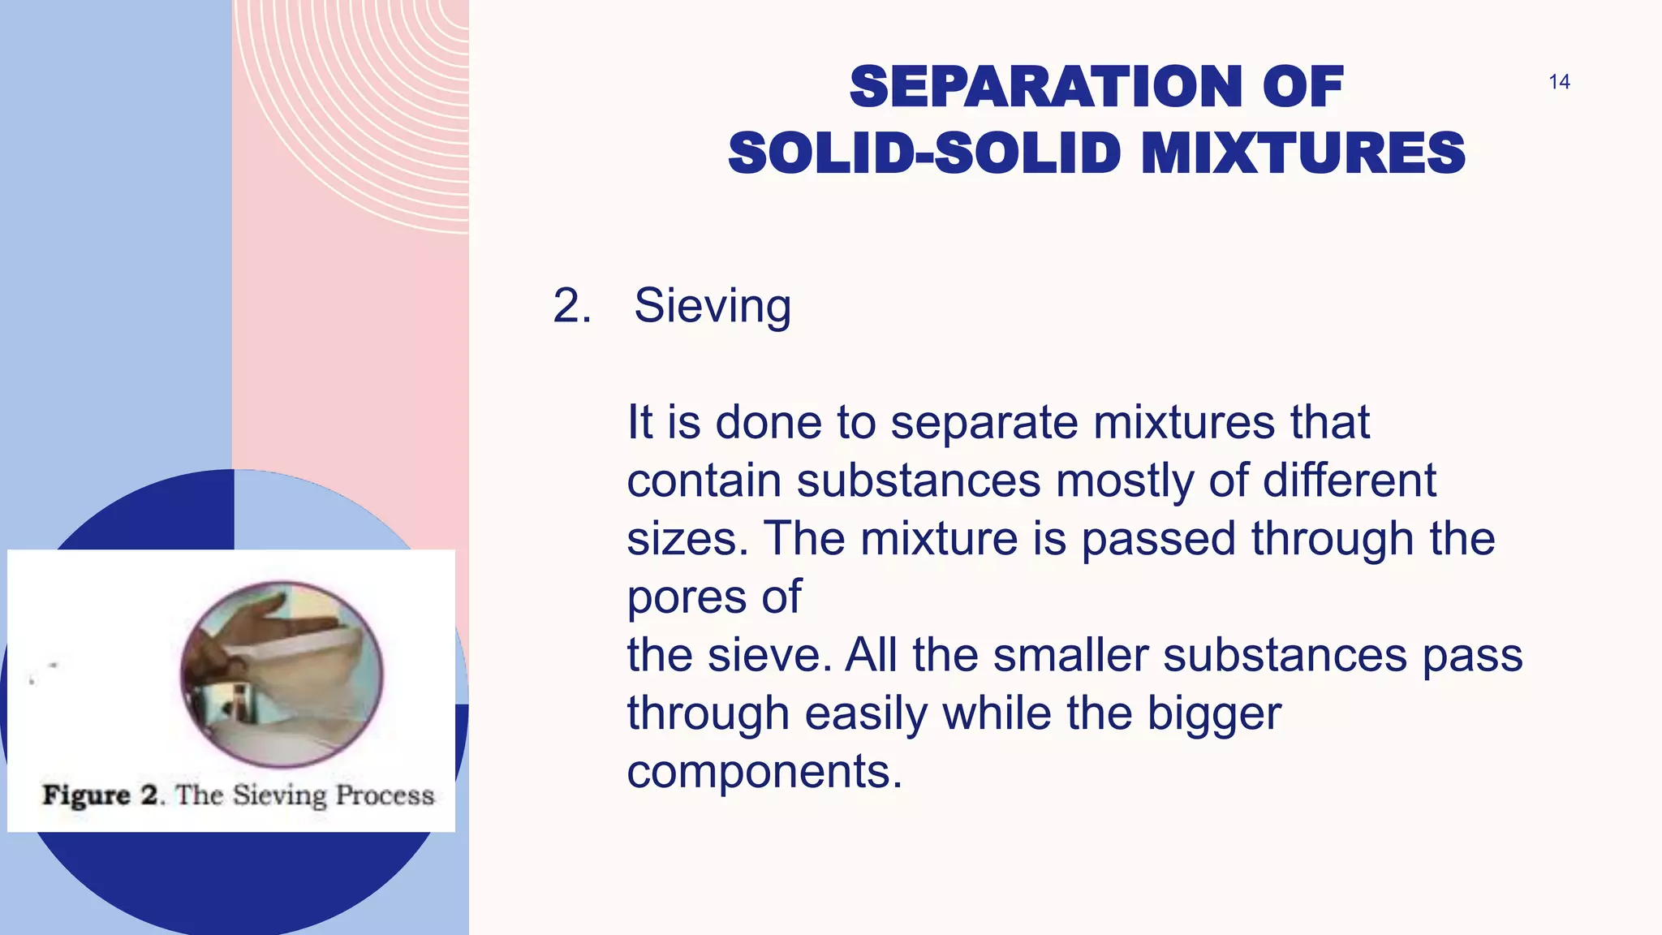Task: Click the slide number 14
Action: point(1558,82)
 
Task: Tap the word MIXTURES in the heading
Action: point(1302,153)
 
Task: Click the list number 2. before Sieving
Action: point(572,307)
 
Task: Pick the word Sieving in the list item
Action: point(713,307)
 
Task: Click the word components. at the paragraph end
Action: point(764,772)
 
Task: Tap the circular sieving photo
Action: point(282,674)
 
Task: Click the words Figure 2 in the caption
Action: point(101,795)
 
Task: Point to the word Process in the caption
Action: point(385,795)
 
